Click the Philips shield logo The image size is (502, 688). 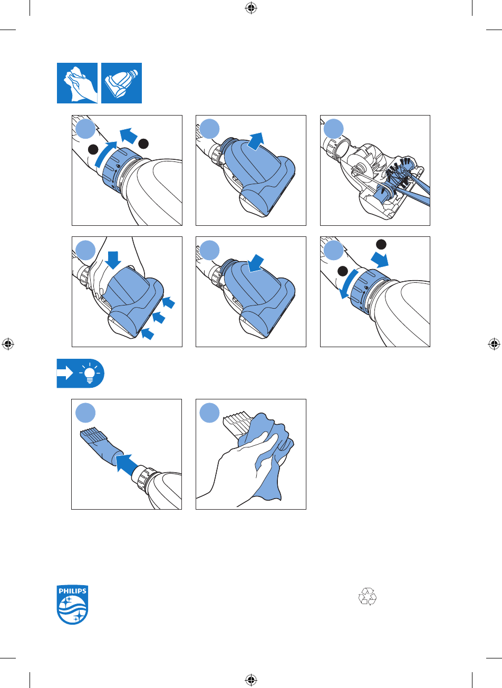[72, 604]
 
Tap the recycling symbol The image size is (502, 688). [367, 596]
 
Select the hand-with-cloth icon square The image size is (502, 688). [77, 83]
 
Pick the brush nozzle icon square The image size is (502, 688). [122, 83]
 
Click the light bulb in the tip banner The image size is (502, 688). [90, 373]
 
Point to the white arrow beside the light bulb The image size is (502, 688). [65, 373]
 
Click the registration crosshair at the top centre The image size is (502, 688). [251, 8]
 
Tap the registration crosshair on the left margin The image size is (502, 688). [8, 344]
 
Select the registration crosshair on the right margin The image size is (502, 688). [494, 344]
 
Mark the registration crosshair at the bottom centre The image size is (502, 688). [251, 680]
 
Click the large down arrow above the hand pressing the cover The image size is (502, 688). [113, 260]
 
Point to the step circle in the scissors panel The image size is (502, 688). [333, 129]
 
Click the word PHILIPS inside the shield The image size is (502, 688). [72, 591]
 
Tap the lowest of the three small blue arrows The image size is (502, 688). [147, 334]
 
